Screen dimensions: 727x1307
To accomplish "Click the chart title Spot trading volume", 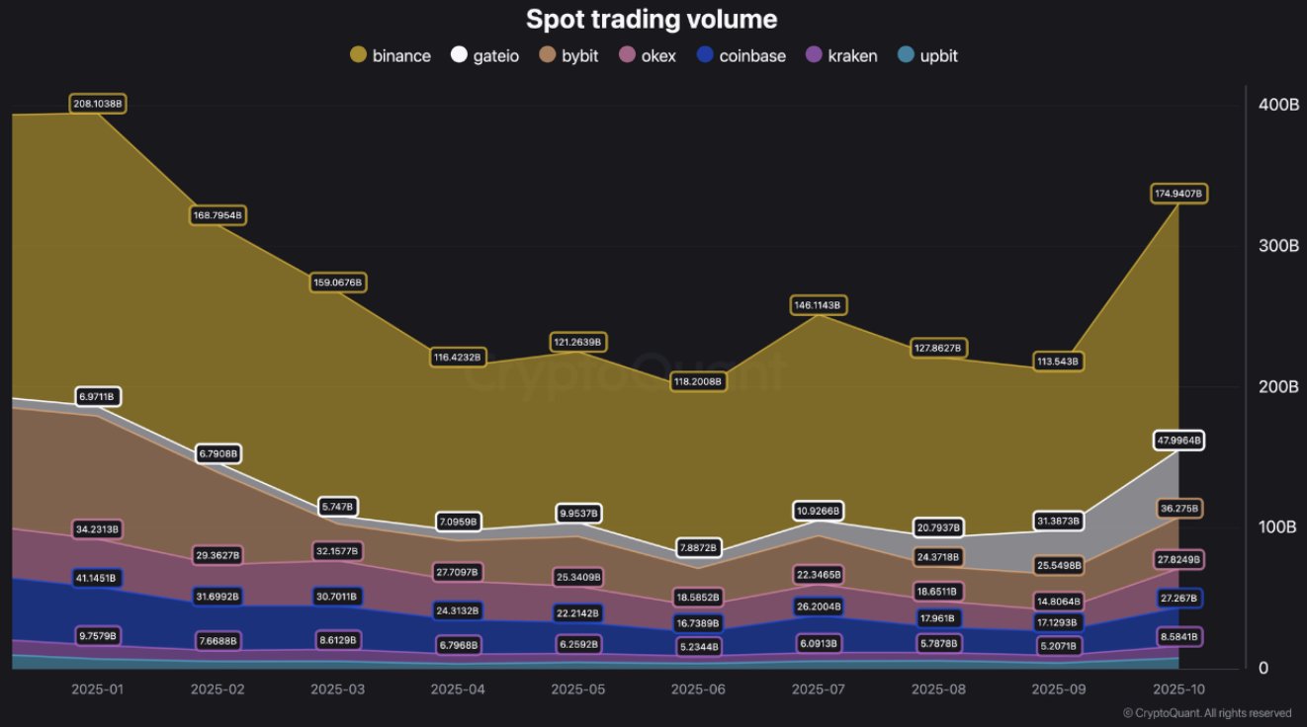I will [x=652, y=19].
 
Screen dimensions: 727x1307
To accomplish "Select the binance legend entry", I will [x=391, y=55].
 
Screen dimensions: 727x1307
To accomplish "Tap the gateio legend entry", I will [x=484, y=55].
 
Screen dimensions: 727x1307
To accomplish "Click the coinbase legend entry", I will [x=741, y=55].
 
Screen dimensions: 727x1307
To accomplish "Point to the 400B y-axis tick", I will [x=1277, y=105].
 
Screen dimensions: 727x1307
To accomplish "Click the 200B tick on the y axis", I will [x=1277, y=386].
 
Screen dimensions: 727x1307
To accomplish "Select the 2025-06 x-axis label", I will [x=699, y=688].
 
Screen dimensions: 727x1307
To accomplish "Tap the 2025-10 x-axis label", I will [x=1177, y=688].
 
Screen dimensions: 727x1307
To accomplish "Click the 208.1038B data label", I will [x=98, y=104].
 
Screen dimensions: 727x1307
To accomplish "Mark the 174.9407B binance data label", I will [x=1178, y=194].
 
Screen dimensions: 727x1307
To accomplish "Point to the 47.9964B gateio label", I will [x=1178, y=441].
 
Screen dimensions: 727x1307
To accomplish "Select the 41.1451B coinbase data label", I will [x=98, y=577].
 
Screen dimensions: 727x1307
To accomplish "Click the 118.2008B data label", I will [x=699, y=380].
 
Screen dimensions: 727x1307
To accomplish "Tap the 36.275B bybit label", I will [x=1178, y=509].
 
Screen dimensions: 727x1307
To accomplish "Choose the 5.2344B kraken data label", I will [x=699, y=647].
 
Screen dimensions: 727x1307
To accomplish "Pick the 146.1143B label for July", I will [x=819, y=305].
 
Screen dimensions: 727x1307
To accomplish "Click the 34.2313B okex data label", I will [x=98, y=529].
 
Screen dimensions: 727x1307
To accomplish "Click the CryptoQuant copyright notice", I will [x=1207, y=713].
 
